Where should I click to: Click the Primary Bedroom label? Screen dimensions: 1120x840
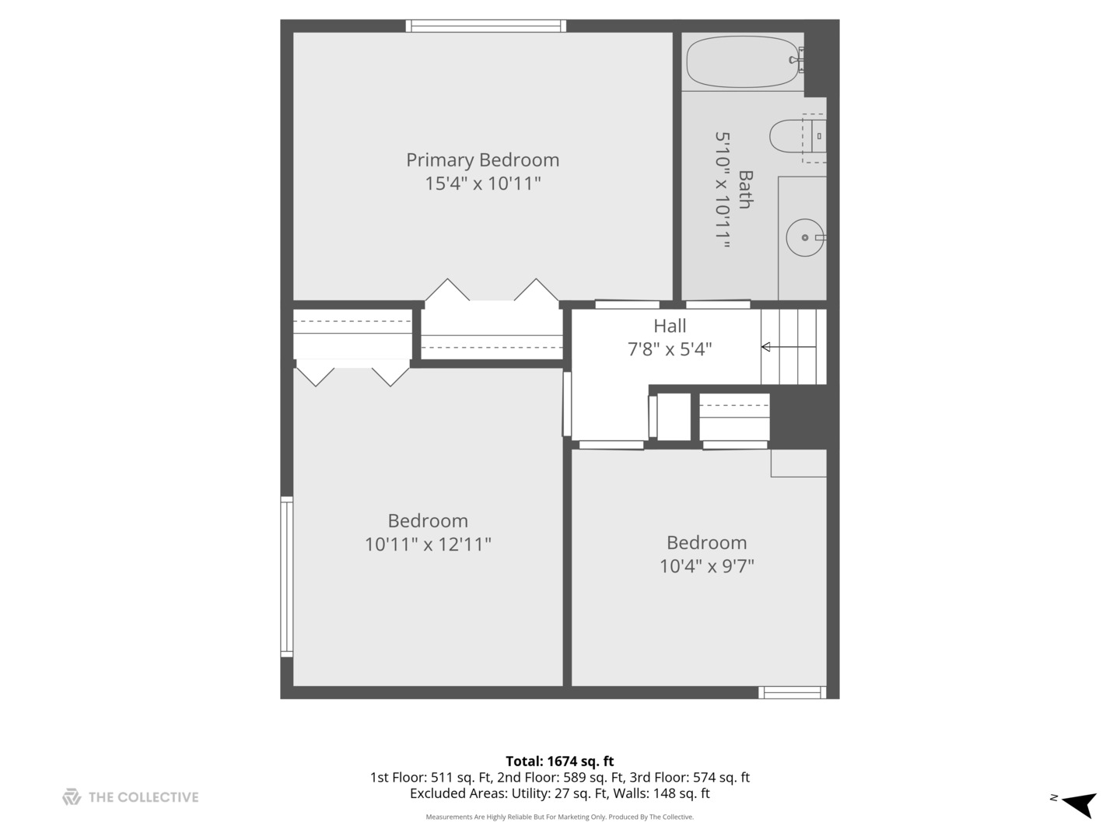click(482, 160)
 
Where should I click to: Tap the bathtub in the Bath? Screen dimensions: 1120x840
click(743, 61)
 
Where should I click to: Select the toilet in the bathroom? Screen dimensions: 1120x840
click(797, 136)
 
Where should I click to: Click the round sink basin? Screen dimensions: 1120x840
click(805, 238)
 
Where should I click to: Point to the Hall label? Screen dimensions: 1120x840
click(670, 326)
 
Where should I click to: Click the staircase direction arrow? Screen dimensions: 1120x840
click(789, 347)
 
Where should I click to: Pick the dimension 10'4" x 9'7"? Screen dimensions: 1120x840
click(707, 566)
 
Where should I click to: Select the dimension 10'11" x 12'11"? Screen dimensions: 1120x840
click(428, 544)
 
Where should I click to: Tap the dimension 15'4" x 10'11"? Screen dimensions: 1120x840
click(483, 183)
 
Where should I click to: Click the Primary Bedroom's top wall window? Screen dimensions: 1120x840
click(486, 26)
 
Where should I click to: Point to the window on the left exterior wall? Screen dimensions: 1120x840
click(287, 576)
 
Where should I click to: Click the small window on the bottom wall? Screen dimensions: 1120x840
click(792, 692)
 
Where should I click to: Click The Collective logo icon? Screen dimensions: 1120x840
click(72, 796)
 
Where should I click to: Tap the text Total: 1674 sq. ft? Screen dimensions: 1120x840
click(560, 761)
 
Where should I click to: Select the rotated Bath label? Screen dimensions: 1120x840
click(746, 190)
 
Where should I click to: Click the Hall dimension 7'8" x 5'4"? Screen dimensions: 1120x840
click(670, 349)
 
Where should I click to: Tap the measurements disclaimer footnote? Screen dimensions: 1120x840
click(560, 817)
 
